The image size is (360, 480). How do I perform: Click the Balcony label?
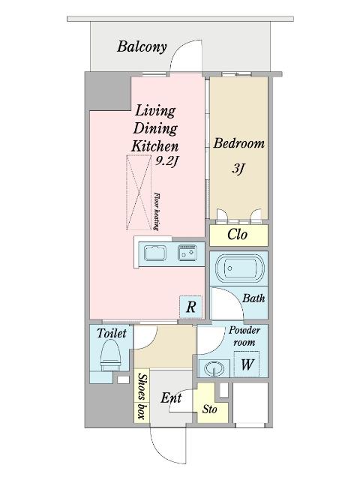[142, 47]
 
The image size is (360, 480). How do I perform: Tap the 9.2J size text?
[166, 161]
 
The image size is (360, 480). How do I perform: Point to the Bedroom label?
[238, 143]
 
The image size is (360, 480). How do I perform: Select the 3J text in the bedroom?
[238, 168]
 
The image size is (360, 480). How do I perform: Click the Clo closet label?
[237, 235]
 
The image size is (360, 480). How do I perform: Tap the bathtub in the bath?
[240, 268]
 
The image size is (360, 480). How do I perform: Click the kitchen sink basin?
[155, 253]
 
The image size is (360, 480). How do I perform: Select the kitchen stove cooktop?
[187, 253]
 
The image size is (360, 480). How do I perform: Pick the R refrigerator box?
[190, 307]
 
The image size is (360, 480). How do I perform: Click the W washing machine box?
[247, 364]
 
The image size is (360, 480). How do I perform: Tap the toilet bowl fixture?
[111, 355]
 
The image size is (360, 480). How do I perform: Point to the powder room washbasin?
[214, 368]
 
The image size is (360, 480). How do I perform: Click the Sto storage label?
[210, 409]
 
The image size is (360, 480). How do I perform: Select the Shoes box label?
[142, 396]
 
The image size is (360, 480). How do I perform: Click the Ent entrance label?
[171, 398]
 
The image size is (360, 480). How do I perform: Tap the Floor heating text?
[157, 211]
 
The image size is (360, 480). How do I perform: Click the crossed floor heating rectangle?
[139, 193]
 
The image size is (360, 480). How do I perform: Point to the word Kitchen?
[155, 146]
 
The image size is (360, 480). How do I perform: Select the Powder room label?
[244, 336]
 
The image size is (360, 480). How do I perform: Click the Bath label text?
[253, 298]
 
